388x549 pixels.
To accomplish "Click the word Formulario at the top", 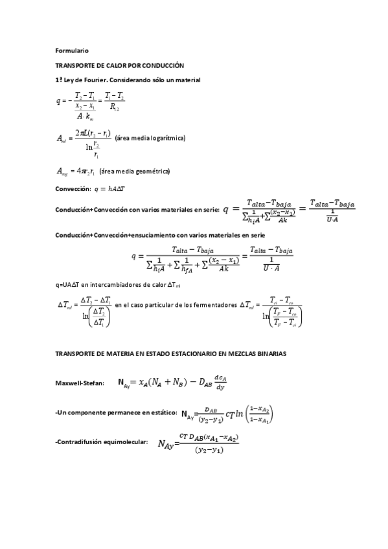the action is click(72, 50).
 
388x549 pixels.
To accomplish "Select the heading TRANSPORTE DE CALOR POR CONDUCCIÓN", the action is click(120, 65).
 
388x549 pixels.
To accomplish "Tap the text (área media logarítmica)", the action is click(150, 138).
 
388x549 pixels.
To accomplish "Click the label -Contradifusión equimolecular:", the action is click(102, 442).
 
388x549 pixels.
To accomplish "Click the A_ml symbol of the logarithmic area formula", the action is click(63, 139).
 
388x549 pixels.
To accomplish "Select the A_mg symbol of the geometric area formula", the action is click(63, 172).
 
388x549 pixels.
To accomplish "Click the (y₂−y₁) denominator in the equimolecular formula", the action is click(209, 450).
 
